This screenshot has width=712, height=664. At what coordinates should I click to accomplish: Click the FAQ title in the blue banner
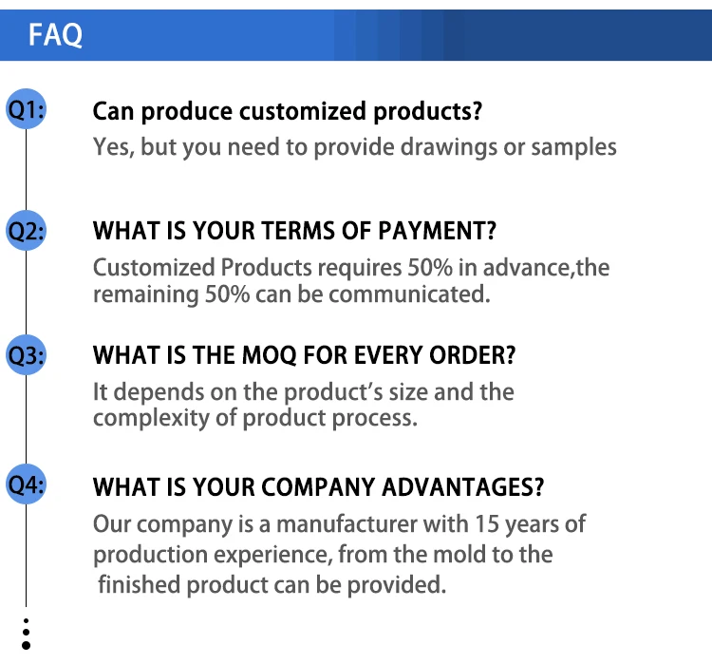tap(55, 34)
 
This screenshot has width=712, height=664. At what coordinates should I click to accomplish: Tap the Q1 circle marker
tap(26, 109)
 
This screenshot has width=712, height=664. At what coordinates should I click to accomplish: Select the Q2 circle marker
tap(26, 231)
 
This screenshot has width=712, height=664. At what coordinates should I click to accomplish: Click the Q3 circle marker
tap(26, 354)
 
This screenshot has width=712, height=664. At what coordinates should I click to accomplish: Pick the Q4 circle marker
tap(26, 484)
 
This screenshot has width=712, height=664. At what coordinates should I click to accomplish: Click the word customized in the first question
tap(303, 112)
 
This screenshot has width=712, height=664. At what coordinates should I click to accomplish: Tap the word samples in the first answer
tap(574, 148)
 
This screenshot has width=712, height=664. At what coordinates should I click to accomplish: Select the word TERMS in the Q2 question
tap(298, 231)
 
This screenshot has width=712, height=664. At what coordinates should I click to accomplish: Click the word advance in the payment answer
tap(526, 268)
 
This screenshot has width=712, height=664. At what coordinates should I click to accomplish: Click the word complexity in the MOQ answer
tap(152, 419)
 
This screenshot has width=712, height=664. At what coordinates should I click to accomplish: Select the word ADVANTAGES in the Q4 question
tap(462, 487)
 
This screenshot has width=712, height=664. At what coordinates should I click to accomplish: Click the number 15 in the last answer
tap(487, 524)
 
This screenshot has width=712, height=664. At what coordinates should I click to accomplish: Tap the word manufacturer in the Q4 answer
tap(347, 524)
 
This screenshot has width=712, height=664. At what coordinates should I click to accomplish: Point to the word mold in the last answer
tap(459, 555)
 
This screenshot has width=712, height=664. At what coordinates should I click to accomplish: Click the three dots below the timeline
tap(26, 634)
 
